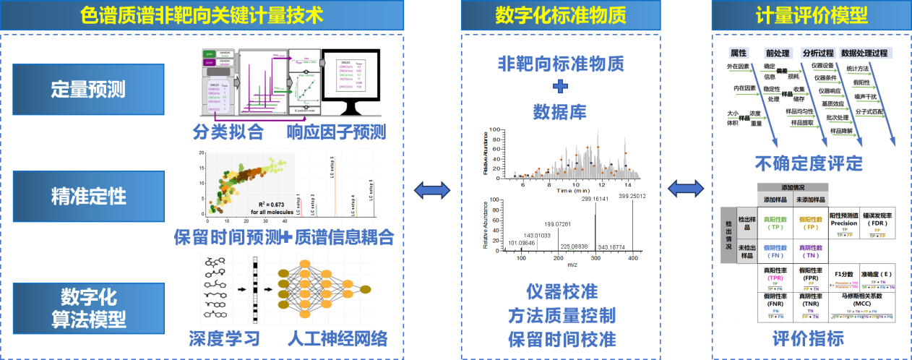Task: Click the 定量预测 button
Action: (88, 89)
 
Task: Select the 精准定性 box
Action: (88, 195)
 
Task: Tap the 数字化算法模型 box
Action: (88, 308)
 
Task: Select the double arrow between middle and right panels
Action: (686, 190)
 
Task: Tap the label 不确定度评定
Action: (810, 163)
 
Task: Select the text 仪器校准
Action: (562, 292)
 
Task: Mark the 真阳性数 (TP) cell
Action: (776, 222)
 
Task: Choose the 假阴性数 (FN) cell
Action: (776, 251)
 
